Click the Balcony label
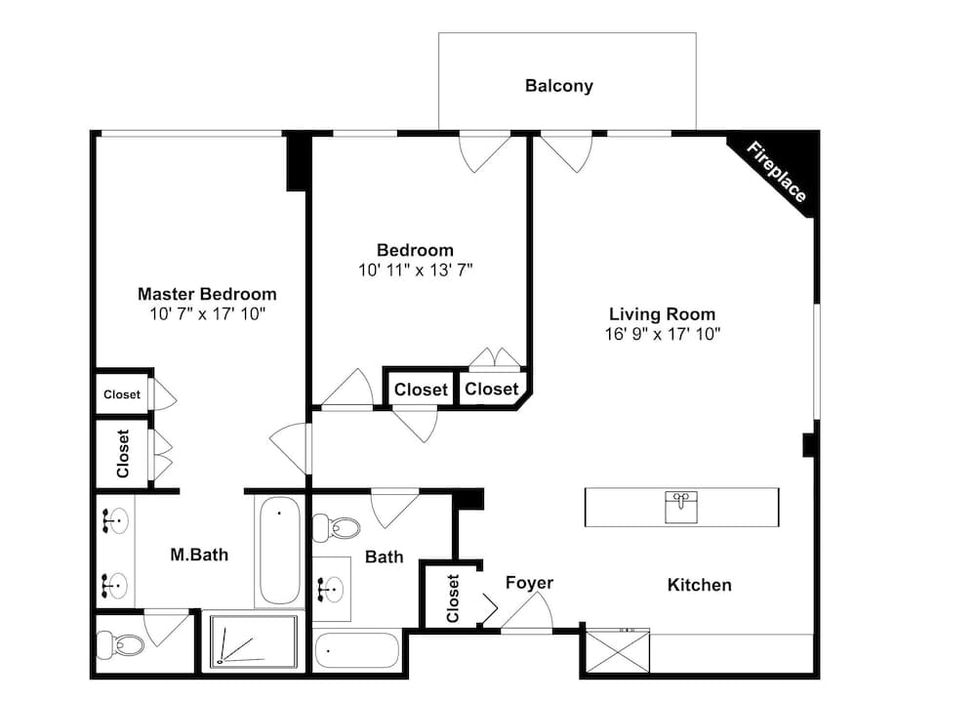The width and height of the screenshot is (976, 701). point(558,86)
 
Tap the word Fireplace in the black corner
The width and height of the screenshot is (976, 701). point(777,173)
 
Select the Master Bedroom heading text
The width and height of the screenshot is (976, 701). point(207,294)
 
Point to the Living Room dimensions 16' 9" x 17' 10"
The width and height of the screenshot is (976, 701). point(663,334)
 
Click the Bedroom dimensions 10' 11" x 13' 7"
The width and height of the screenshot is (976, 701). point(416,270)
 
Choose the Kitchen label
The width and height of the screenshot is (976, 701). point(699,585)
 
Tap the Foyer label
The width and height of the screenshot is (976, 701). point(529,583)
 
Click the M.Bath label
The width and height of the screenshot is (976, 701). point(199,555)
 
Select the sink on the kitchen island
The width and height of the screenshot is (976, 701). point(682,507)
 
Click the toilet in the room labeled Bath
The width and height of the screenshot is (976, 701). point(337,528)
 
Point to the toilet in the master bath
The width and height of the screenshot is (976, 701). point(122,644)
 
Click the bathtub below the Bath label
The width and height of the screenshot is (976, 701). point(357,649)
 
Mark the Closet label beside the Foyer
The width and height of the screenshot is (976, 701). point(453,598)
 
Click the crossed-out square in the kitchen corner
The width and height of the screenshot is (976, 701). point(616,652)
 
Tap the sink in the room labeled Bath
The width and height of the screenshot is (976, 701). point(332,589)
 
